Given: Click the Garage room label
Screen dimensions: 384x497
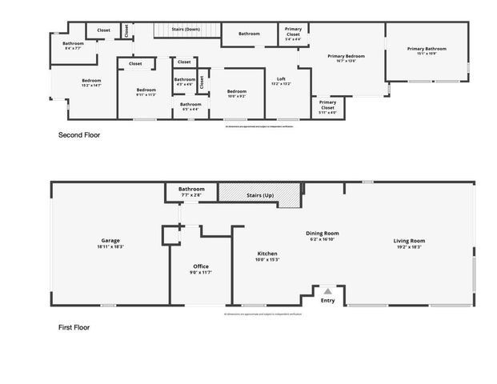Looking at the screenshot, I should (110, 241).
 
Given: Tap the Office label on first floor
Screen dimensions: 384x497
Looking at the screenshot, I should (201, 266).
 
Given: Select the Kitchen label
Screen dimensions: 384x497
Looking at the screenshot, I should (267, 253).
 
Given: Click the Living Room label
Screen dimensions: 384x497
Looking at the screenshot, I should (408, 241).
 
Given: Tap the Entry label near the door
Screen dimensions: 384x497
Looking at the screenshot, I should (327, 300).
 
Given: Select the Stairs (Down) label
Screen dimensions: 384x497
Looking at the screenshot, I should (186, 29).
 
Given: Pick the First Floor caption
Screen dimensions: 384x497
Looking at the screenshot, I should (74, 327).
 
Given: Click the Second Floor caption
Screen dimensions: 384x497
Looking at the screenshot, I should (79, 135).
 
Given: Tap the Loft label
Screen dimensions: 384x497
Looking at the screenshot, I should (281, 78).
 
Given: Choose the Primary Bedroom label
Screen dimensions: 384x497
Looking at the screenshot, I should (346, 56).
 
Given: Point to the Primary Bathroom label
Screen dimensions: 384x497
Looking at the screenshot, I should (426, 50).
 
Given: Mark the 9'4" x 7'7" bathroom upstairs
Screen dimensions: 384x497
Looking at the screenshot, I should (73, 45).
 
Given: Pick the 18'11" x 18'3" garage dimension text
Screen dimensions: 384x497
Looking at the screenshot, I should (110, 246).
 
